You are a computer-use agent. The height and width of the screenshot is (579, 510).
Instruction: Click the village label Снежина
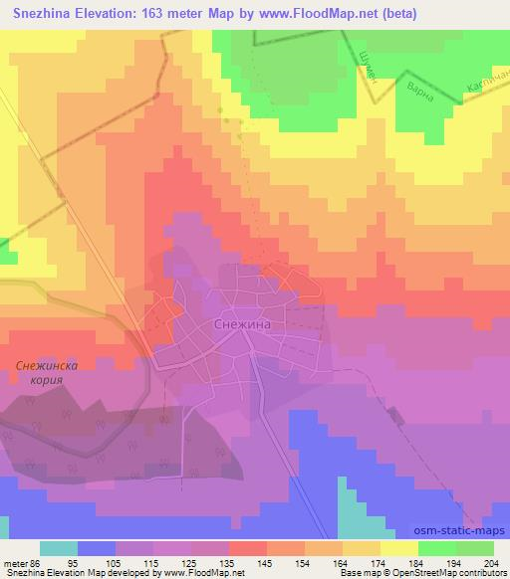tap(242, 324)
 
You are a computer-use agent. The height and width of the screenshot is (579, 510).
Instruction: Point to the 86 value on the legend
tap(38, 563)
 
